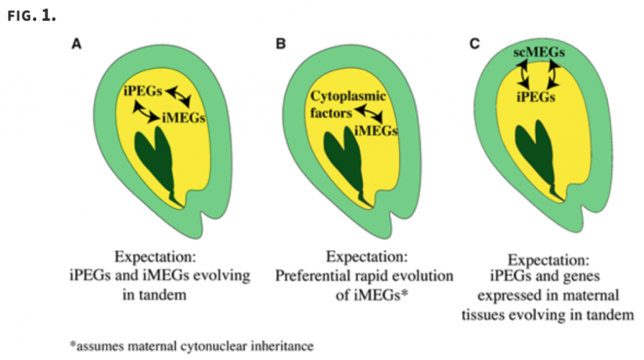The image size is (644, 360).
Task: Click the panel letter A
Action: coord(76,46)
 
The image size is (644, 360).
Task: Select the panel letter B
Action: coord(281,46)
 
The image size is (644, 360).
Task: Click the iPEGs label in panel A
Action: coord(141,90)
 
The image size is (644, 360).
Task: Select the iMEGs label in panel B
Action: coord(376,131)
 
